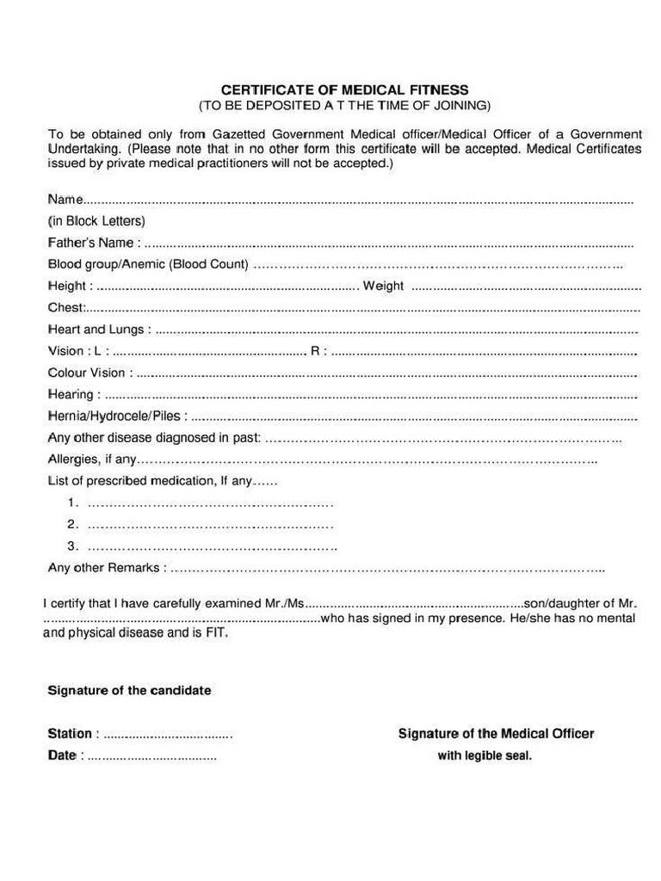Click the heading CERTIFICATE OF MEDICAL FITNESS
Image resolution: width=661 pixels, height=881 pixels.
tap(344, 89)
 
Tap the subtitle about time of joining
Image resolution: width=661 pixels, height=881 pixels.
tap(344, 106)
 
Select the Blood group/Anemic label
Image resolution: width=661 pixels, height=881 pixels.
tap(148, 264)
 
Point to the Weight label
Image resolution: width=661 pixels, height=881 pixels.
tap(383, 286)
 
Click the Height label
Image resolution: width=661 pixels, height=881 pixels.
tap(67, 286)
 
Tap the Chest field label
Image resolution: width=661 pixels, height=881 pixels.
tap(65, 307)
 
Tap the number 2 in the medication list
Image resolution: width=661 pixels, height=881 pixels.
tap(72, 524)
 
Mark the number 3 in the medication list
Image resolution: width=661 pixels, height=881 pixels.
tap(72, 546)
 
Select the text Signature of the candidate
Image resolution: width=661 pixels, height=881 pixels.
tap(129, 691)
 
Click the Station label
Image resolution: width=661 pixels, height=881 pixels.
tap(70, 734)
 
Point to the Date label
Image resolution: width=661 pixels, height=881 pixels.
tap(62, 755)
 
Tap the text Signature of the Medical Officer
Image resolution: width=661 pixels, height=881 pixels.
tap(496, 734)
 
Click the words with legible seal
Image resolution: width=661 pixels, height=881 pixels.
tap(485, 756)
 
